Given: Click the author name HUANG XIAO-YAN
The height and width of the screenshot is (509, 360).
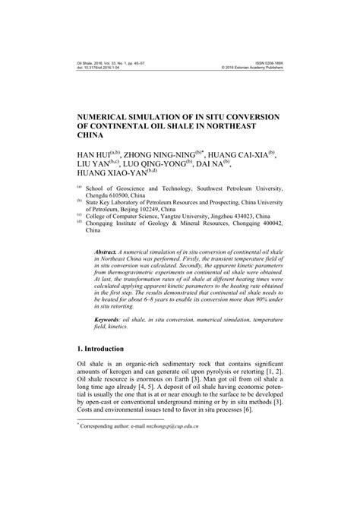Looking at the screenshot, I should pyautogui.click(x=113, y=176).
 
